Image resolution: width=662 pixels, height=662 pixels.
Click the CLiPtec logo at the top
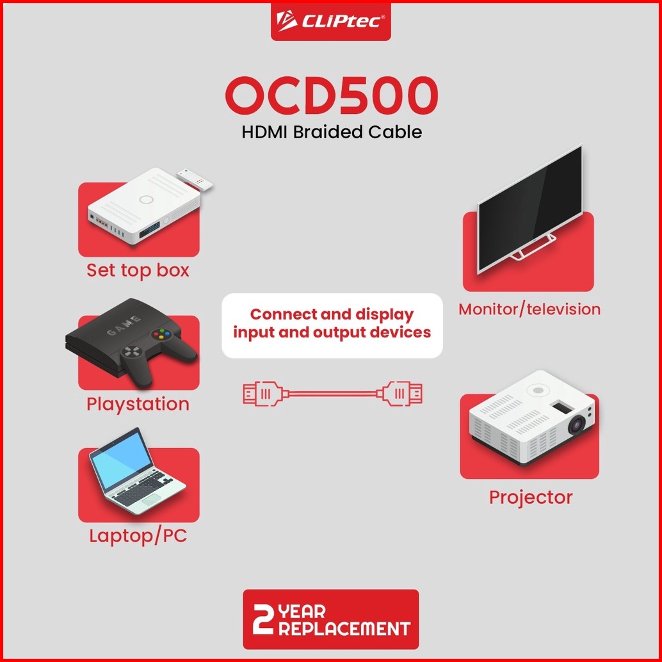(x=330, y=20)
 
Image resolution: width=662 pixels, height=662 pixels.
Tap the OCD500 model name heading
(x=332, y=96)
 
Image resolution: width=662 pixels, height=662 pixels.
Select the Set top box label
(x=138, y=271)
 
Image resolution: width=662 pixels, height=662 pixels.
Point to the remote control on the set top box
(x=195, y=179)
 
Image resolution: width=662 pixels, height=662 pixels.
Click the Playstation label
(x=138, y=405)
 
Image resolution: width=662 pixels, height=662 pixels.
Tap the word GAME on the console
(x=124, y=325)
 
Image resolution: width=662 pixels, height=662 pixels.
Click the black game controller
(x=158, y=354)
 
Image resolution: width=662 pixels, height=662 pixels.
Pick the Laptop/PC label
(x=138, y=536)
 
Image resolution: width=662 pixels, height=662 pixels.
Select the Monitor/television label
(x=529, y=309)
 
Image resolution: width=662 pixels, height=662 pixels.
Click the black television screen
(x=530, y=208)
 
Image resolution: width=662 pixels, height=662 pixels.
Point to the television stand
(x=533, y=248)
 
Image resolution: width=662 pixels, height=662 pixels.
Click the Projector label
(x=531, y=497)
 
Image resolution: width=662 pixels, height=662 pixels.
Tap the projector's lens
(x=577, y=424)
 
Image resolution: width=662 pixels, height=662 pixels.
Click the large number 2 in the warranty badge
(x=263, y=618)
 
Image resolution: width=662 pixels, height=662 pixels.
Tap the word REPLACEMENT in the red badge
(x=344, y=629)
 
